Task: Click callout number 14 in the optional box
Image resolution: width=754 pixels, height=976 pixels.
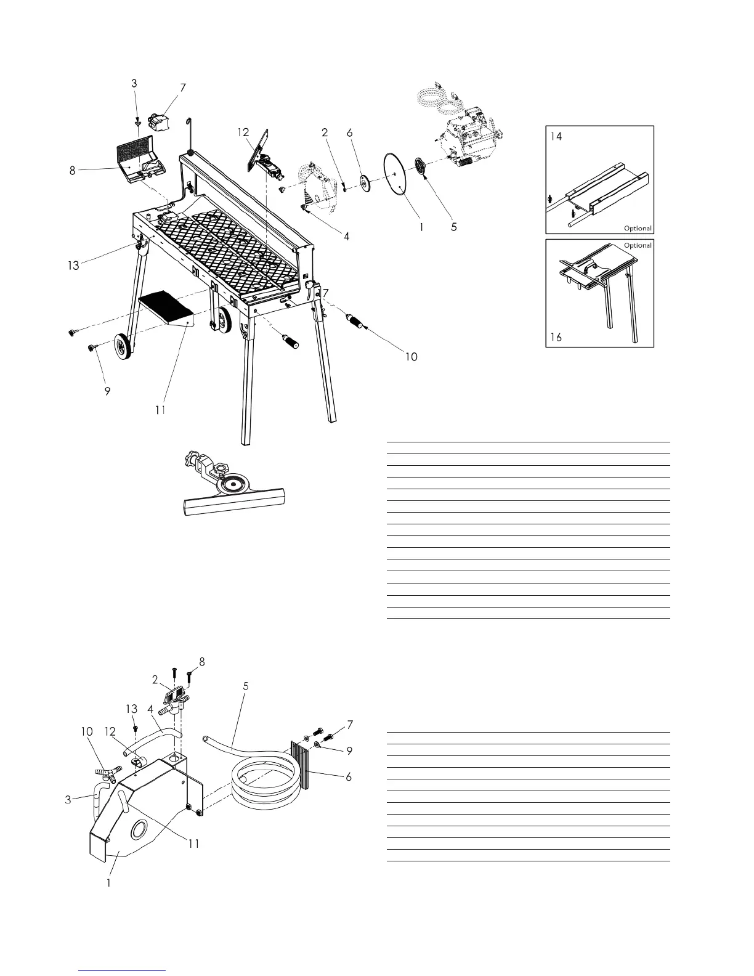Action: pyautogui.click(x=556, y=137)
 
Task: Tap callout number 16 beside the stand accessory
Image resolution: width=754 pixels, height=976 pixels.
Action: pyautogui.click(x=556, y=338)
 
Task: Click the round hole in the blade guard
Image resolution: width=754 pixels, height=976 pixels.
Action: pyautogui.click(x=139, y=831)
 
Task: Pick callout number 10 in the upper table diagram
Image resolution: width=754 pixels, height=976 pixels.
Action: pyautogui.click(x=411, y=356)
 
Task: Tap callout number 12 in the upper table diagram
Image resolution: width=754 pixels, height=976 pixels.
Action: pyautogui.click(x=243, y=132)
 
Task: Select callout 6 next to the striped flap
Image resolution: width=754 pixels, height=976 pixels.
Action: pyautogui.click(x=349, y=777)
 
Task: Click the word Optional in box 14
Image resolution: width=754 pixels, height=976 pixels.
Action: pyautogui.click(x=638, y=228)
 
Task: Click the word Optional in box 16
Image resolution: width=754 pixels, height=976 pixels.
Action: pyautogui.click(x=638, y=245)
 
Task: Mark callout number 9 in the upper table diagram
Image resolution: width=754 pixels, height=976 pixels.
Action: pyautogui.click(x=107, y=391)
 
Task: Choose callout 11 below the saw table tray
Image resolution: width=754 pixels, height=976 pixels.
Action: pyautogui.click(x=160, y=410)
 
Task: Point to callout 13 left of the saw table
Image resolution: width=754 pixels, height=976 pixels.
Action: pyautogui.click(x=74, y=266)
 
